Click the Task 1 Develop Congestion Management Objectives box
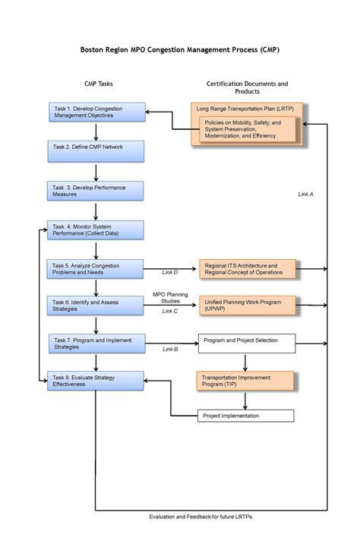(97, 112)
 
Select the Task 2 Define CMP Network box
(96, 151)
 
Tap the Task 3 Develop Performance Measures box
(96, 191)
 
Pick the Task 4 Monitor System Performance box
(96, 230)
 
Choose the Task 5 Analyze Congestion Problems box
(96, 269)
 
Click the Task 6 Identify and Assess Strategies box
(96, 305)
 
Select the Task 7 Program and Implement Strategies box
(97, 343)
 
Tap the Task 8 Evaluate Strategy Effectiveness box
(96, 381)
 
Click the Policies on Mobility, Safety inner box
(248, 129)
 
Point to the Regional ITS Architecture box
(248, 269)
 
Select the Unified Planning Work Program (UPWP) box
(248, 305)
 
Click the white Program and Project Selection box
(247, 343)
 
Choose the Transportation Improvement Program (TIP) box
(245, 381)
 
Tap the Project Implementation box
(246, 416)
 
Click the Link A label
(306, 195)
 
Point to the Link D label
(170, 273)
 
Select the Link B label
(170, 350)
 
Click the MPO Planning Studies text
(170, 298)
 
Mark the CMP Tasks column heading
(99, 84)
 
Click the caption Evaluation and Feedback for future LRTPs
(201, 517)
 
